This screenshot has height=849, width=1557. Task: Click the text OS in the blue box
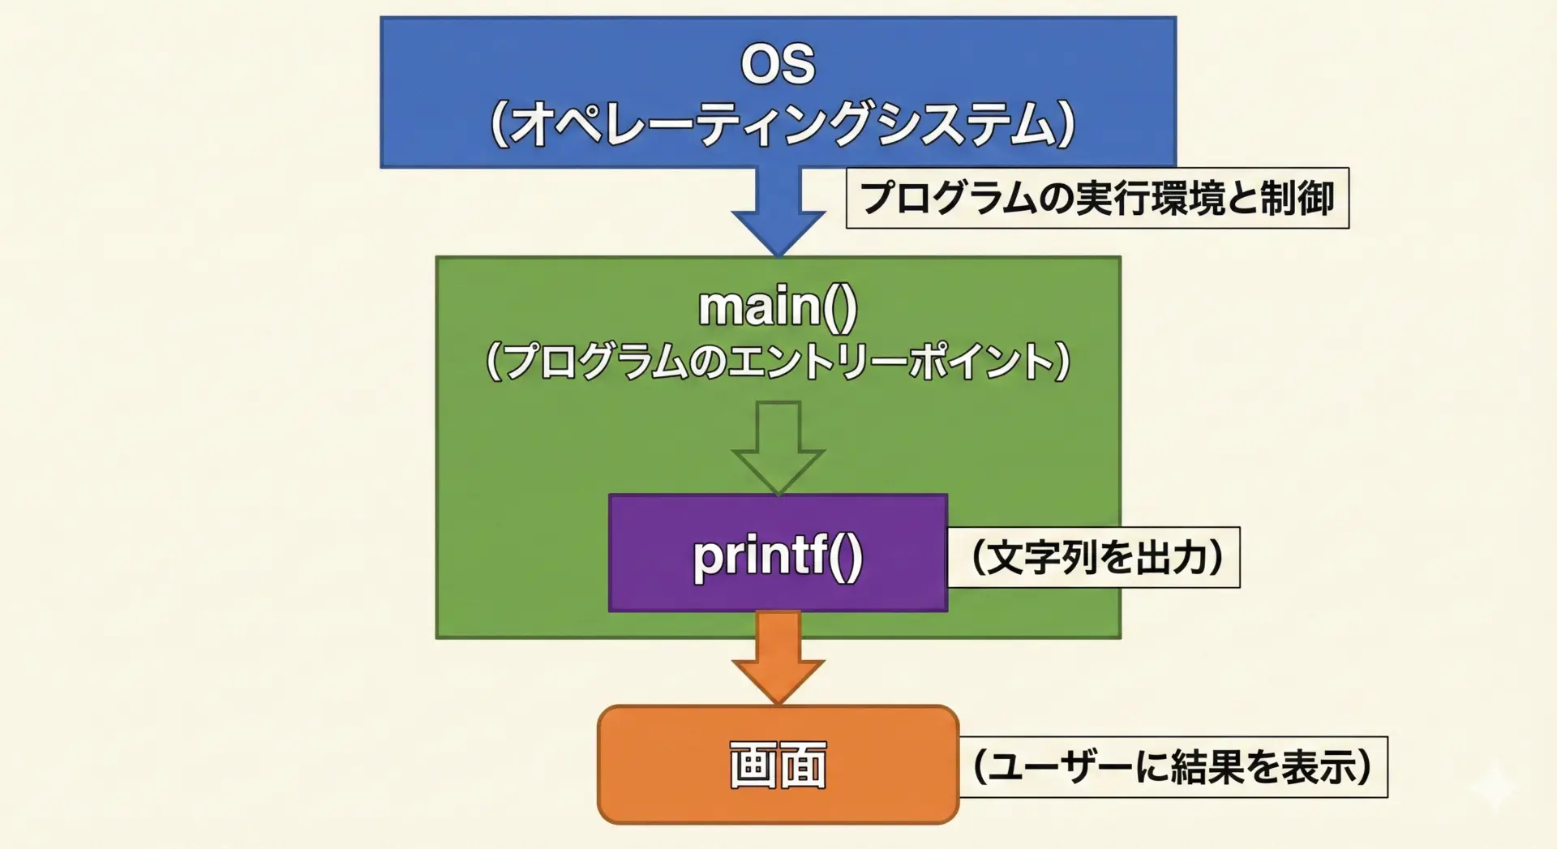click(x=778, y=63)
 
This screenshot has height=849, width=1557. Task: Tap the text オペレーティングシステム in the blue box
click(x=783, y=124)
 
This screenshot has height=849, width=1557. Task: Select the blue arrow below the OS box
click(x=778, y=212)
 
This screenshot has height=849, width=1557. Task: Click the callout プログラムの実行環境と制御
click(x=1097, y=198)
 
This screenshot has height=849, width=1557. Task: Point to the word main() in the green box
click(x=778, y=307)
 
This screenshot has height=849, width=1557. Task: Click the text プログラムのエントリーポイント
click(x=778, y=361)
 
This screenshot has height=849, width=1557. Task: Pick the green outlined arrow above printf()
click(x=778, y=448)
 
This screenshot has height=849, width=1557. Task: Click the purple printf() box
click(x=778, y=553)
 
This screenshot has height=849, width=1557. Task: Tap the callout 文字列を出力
click(x=1094, y=557)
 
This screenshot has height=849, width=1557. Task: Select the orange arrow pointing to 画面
click(x=778, y=658)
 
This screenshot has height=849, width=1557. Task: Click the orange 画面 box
click(x=778, y=765)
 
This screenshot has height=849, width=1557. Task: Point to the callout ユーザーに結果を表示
click(x=1173, y=767)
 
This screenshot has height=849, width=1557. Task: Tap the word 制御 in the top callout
click(x=1297, y=199)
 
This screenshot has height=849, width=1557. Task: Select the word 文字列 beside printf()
click(x=1040, y=557)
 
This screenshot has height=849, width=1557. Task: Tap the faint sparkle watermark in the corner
click(x=1495, y=786)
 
